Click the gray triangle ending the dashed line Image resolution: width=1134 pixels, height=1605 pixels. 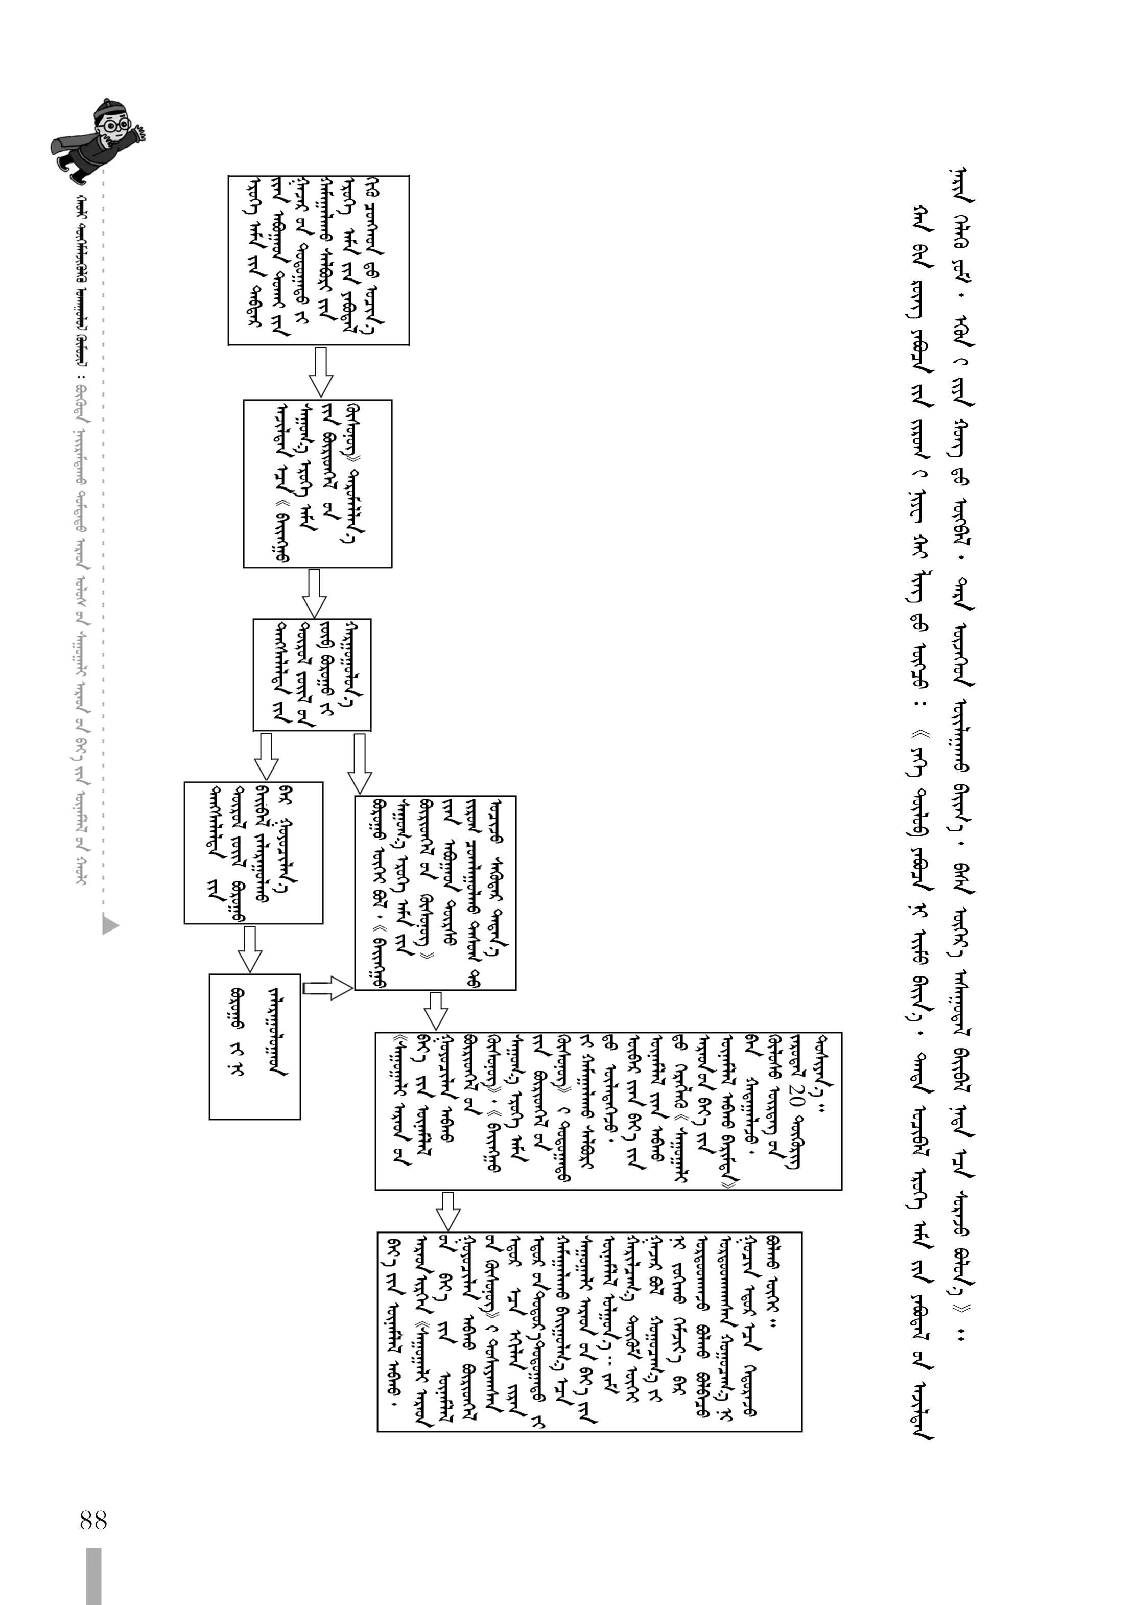click(x=110, y=924)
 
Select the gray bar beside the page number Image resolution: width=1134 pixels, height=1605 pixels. click(x=93, y=1576)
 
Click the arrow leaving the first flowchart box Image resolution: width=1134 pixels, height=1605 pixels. click(x=321, y=372)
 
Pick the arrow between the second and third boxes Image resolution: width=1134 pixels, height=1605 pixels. click(x=314, y=593)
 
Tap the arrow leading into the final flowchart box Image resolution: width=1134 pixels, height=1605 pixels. click(x=448, y=1210)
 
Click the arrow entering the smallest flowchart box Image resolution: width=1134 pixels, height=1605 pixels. click(x=249, y=948)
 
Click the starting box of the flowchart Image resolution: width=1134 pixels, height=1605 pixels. click(x=319, y=260)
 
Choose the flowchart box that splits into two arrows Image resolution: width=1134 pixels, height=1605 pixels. click(x=312, y=674)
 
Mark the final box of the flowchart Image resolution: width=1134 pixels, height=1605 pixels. click(x=589, y=1332)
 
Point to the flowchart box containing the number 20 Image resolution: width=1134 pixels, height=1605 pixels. click(x=608, y=1111)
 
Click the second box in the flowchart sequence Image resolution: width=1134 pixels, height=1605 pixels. click(x=317, y=483)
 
